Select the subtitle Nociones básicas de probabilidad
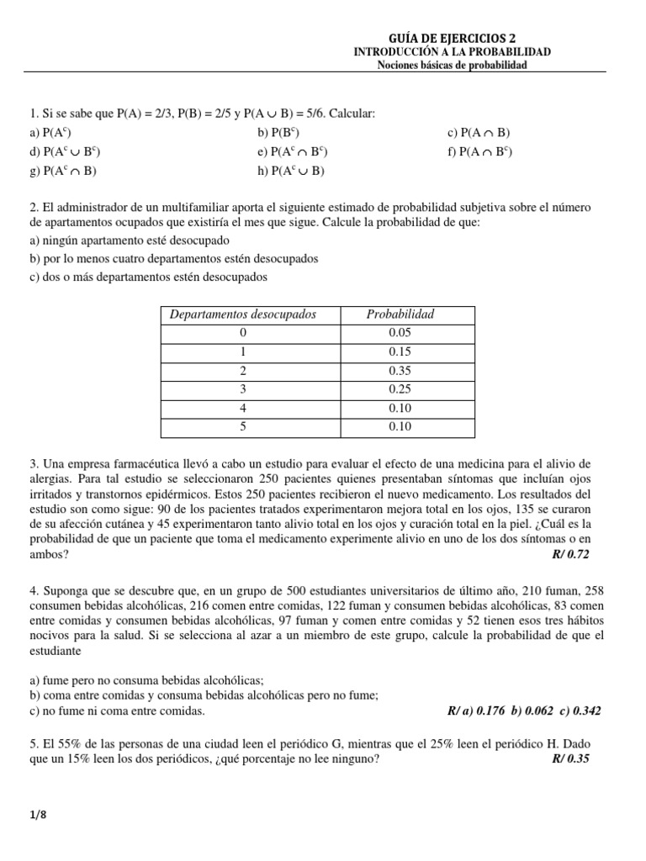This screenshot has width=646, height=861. tap(452, 66)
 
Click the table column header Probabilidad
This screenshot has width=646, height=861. tap(400, 314)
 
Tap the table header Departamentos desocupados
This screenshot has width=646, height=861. tap(243, 314)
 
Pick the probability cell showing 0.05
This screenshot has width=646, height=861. tap(400, 333)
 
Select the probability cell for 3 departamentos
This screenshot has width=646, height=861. tap(400, 389)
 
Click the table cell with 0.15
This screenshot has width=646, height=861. tap(400, 351)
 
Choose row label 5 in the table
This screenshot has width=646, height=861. tap(243, 427)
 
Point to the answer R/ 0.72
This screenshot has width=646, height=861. tap(578, 555)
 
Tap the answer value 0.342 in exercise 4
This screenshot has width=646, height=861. tap(585, 710)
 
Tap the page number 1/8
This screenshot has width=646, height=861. tap(36, 816)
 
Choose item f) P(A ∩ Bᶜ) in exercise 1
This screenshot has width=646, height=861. tap(479, 151)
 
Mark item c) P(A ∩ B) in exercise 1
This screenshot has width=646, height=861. tap(479, 132)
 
